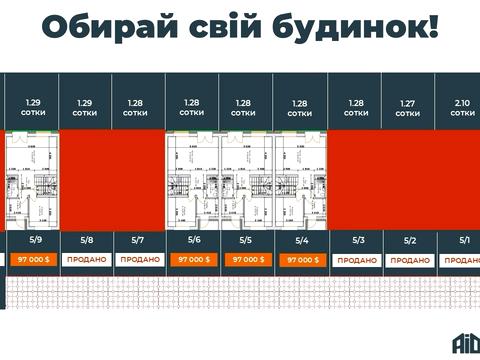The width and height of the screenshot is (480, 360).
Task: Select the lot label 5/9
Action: coord(36,240)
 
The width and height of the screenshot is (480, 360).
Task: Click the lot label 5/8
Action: coord(87,240)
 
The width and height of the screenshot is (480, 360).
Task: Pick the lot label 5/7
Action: coord(138,240)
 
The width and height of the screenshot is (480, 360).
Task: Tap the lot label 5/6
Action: coord(193,240)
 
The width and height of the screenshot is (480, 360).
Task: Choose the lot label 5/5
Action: coord(246,240)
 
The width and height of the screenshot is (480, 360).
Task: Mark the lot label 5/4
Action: coord(301,240)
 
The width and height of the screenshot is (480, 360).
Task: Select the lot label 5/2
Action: coord(410,240)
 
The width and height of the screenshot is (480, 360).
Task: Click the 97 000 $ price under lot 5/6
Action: coord(193,259)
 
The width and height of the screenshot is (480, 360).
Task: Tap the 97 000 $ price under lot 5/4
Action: coord(302,259)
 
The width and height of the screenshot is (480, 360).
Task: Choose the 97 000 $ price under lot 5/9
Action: coord(35,259)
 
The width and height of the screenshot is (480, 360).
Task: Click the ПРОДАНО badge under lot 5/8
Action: coord(87,259)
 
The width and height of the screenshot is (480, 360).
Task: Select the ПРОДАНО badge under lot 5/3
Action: coord(358,259)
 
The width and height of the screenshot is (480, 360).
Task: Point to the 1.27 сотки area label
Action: coord(408,108)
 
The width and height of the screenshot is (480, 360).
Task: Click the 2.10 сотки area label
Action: coord(463,108)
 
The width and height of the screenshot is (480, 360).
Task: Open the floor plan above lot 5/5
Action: coord(247,181)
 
